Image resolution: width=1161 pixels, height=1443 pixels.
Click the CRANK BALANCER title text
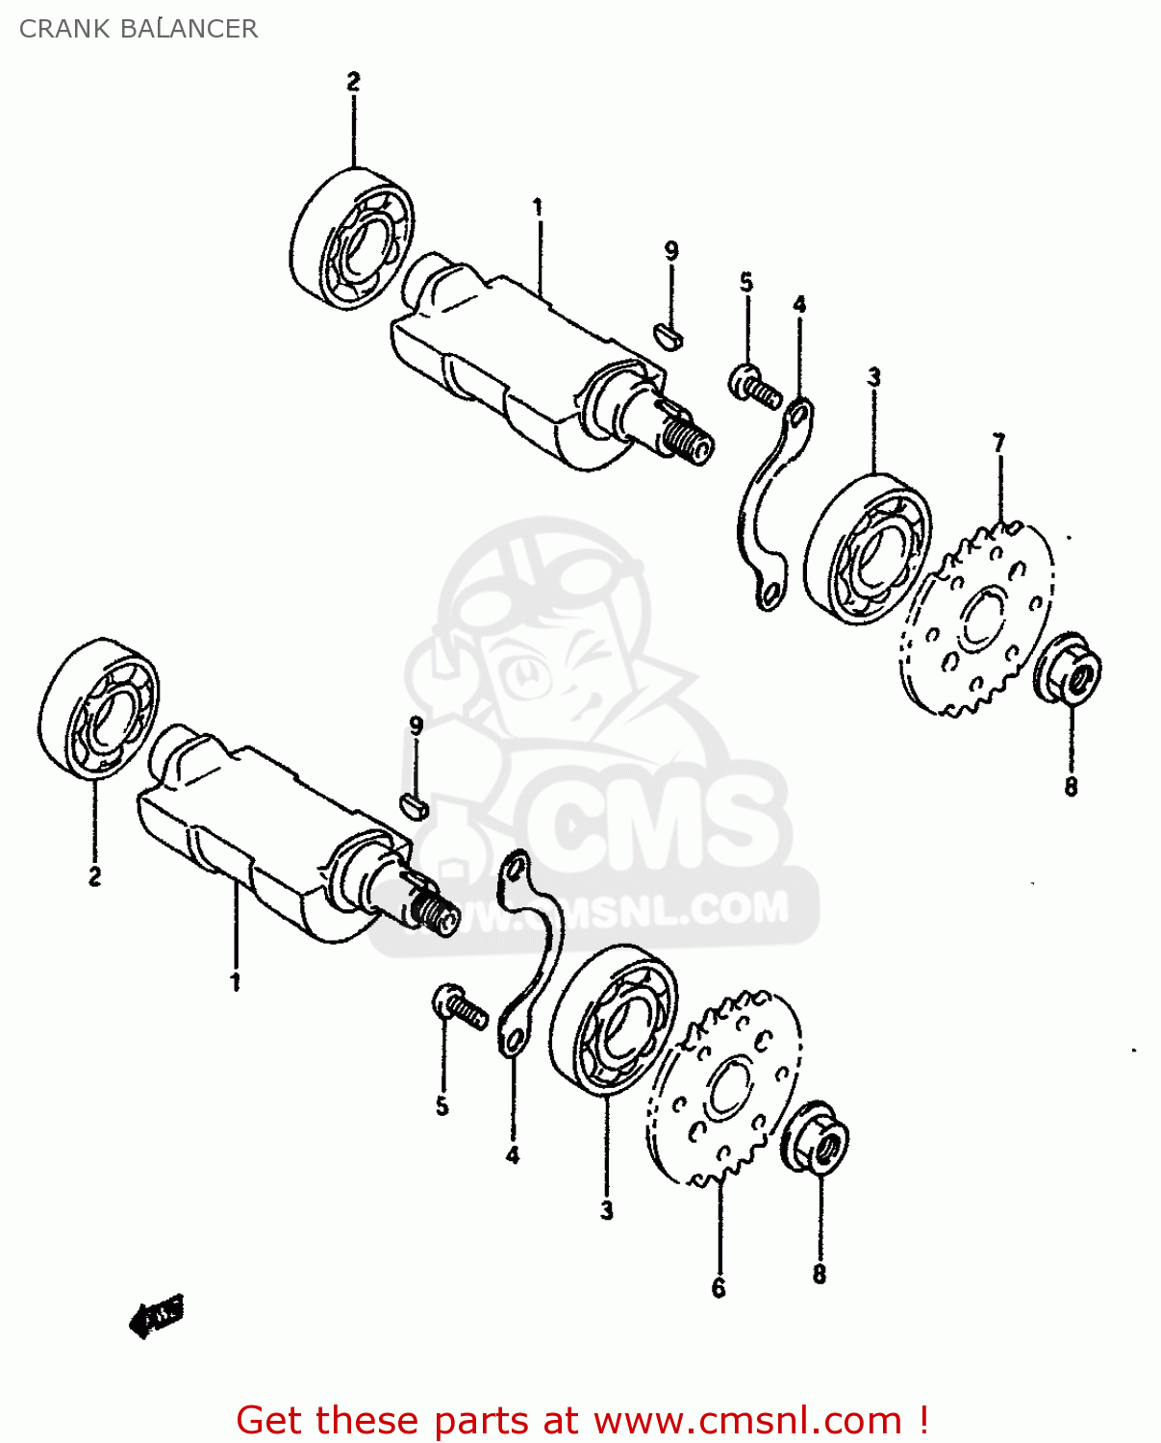click(139, 29)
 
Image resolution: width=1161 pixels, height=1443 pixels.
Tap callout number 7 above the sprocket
click(998, 443)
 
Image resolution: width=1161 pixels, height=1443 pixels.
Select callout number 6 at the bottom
click(719, 1288)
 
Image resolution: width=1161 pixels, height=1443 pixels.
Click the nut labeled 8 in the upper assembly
click(1067, 669)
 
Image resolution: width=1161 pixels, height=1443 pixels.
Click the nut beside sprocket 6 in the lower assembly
click(817, 1137)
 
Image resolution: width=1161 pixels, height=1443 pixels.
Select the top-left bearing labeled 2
click(352, 239)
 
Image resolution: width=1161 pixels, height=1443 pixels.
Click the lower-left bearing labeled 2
click(99, 707)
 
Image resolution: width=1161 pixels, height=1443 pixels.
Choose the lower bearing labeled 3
click(614, 1020)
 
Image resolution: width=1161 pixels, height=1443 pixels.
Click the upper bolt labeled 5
click(754, 387)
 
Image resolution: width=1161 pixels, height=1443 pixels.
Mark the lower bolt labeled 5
click(460, 1007)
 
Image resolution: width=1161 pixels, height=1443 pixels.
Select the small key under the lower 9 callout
click(414, 805)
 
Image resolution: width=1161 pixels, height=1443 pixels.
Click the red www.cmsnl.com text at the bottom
click(747, 1420)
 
